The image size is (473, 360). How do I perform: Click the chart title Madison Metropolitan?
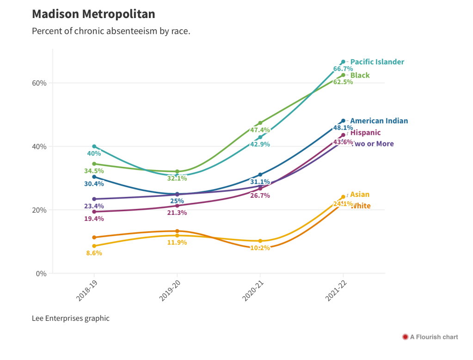pos(93,14)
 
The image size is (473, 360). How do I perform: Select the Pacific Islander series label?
pos(377,62)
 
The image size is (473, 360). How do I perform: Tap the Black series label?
pos(360,75)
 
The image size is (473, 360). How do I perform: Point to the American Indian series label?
pos(379,121)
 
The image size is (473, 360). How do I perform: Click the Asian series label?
pos(360,195)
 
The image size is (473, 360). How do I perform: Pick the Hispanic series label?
pos(365,133)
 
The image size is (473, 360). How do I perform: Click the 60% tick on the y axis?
pos(39,83)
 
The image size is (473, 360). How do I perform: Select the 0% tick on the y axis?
pos(41,274)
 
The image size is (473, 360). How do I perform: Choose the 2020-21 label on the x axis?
pos(252,291)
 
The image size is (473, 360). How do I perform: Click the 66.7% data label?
pos(343,69)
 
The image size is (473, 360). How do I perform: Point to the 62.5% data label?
pos(343,82)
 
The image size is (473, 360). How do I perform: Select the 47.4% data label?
pos(260,130)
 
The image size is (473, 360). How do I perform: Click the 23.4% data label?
pos(94,206)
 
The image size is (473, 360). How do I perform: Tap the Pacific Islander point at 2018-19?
pos(94,146)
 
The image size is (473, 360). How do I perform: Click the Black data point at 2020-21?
pos(260,123)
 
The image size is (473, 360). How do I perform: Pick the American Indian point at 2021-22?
pos(343,121)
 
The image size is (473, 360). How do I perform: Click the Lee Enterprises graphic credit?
pos(71,318)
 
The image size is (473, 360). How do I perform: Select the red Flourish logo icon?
pos(405,337)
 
